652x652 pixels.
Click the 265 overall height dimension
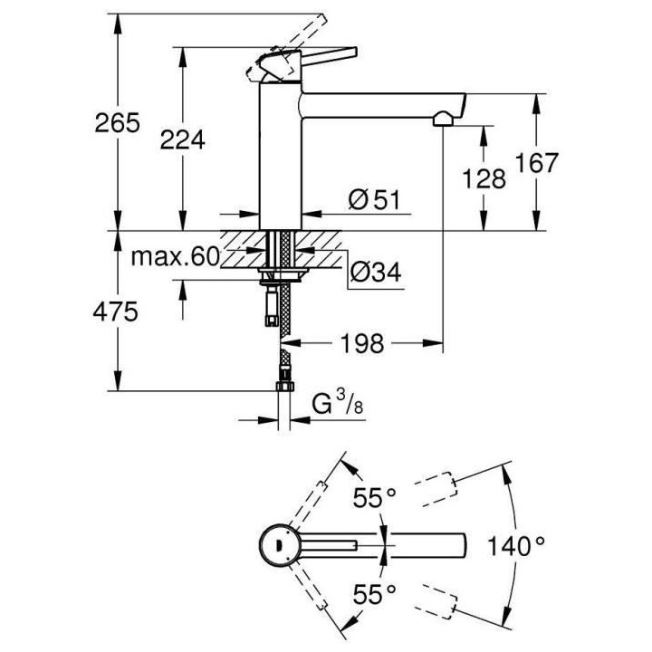click(117, 123)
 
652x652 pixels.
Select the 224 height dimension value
click(182, 139)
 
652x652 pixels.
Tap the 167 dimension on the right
click(537, 164)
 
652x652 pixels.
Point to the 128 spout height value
click(484, 178)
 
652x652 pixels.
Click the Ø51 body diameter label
click(374, 199)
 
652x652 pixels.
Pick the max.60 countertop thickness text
click(175, 258)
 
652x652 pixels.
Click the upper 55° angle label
click(374, 497)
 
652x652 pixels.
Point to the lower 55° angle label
click(374, 593)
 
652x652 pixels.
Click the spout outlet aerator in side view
click(441, 119)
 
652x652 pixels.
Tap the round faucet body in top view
click(275, 544)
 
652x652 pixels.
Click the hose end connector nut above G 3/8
click(283, 387)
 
